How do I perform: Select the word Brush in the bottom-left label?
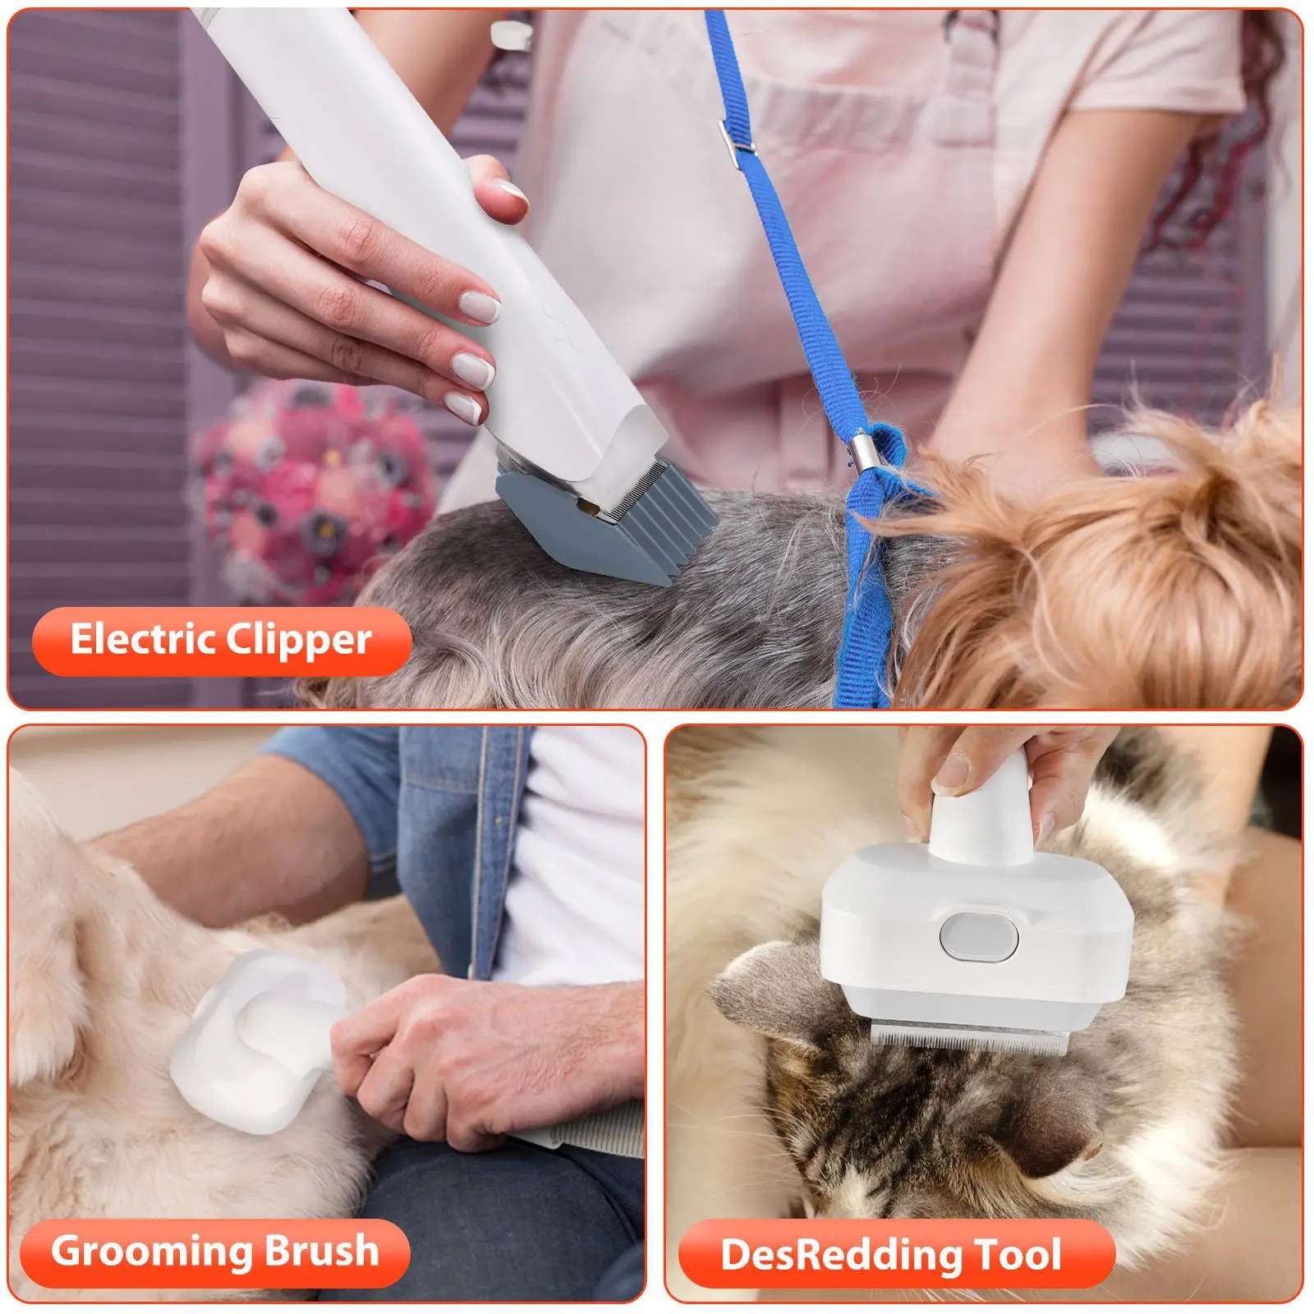pos(310,1251)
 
